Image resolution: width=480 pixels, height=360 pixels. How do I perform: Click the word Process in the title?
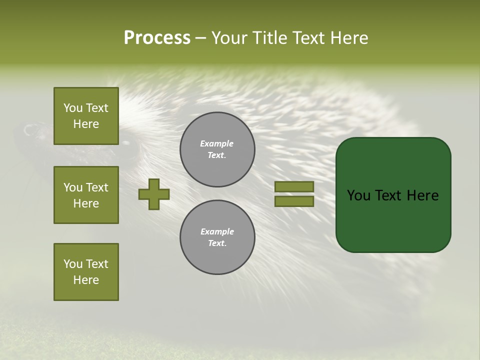(157, 37)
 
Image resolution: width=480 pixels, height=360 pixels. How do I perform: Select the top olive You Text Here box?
(86, 116)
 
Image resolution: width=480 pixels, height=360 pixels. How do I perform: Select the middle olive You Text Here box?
(86, 195)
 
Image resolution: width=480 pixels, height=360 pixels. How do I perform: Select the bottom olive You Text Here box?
(86, 272)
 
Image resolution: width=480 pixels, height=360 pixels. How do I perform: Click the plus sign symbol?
(154, 194)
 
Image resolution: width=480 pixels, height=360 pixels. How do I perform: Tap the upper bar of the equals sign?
(294, 186)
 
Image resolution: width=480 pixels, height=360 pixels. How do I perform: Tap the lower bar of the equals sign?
(294, 201)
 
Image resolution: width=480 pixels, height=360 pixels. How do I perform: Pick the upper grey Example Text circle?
(217, 149)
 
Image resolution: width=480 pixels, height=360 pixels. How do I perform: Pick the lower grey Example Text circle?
(217, 237)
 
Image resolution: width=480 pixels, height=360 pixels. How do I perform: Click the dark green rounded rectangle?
(393, 220)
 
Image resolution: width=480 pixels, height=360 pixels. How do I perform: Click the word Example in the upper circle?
(216, 143)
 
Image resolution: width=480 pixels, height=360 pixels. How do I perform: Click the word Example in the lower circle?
(217, 231)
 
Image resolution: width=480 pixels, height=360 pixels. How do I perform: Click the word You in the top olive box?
(73, 108)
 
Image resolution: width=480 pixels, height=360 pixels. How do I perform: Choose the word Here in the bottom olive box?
(86, 280)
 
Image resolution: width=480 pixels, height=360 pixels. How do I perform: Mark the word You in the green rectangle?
(358, 195)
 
